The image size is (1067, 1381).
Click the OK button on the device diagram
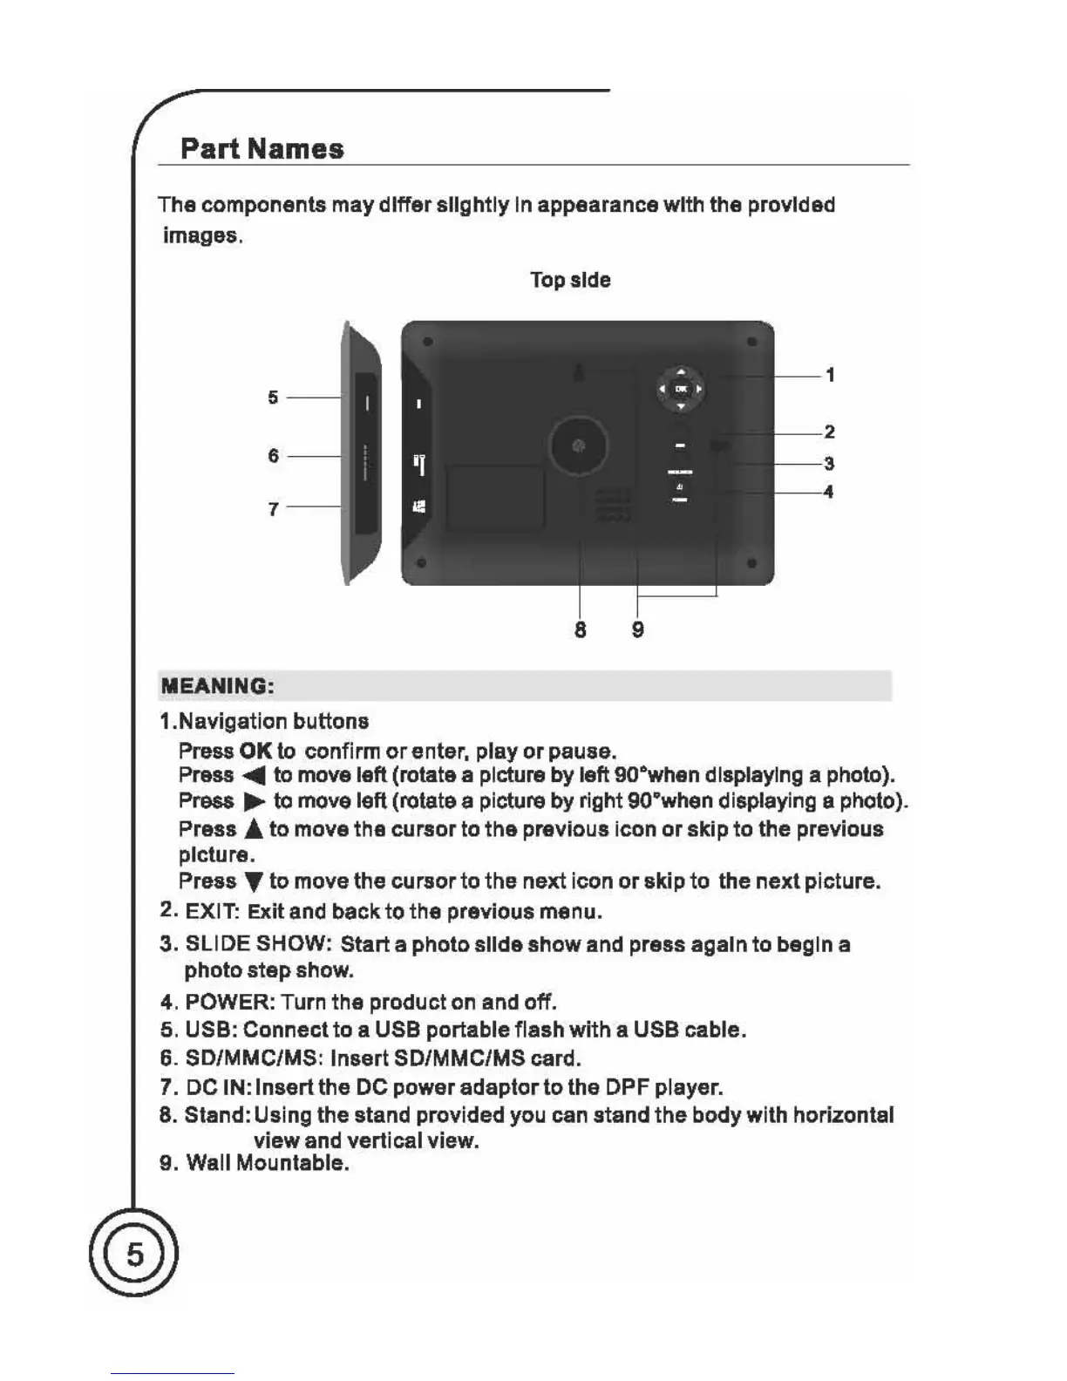tap(681, 389)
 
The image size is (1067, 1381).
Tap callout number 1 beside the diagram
tap(830, 375)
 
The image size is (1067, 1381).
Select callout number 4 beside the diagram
tap(828, 492)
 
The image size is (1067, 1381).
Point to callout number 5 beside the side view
tap(274, 398)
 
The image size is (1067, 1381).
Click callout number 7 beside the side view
tap(274, 508)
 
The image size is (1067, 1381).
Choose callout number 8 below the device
tap(581, 629)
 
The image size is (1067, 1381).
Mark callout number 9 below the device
tap(638, 629)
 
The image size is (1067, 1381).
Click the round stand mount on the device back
tap(578, 446)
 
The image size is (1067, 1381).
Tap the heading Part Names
tap(262, 148)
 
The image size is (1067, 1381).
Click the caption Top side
tap(570, 280)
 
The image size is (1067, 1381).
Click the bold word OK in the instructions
tap(255, 751)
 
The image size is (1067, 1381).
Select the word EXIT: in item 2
tap(213, 912)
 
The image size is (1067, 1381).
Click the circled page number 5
tap(134, 1254)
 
